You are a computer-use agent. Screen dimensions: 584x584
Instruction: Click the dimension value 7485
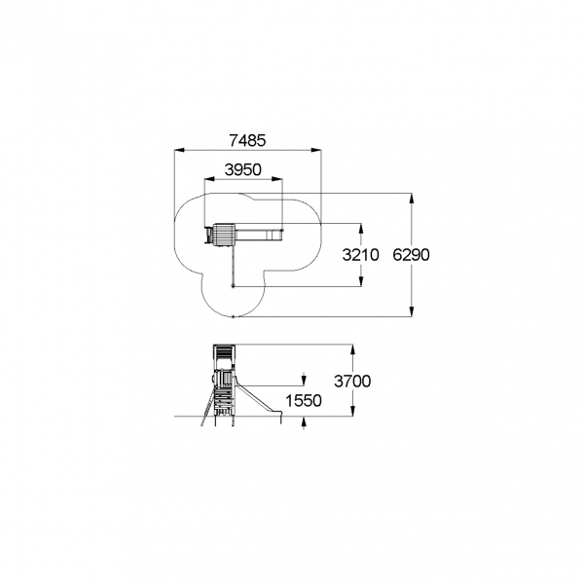(x=247, y=141)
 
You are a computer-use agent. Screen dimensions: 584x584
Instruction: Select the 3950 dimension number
(x=243, y=169)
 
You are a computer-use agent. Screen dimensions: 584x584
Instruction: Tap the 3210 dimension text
(x=360, y=255)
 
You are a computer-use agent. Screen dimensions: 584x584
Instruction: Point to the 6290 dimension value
(x=411, y=255)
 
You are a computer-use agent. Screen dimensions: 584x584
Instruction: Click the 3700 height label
(x=352, y=382)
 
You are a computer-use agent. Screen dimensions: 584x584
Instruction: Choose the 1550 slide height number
(x=304, y=401)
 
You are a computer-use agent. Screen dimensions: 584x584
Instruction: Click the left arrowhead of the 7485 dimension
(x=179, y=151)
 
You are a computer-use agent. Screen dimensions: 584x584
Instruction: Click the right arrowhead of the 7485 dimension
(x=316, y=151)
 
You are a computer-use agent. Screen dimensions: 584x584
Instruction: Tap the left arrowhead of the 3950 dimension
(x=209, y=179)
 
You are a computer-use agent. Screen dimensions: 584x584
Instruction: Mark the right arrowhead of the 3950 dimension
(x=277, y=179)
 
